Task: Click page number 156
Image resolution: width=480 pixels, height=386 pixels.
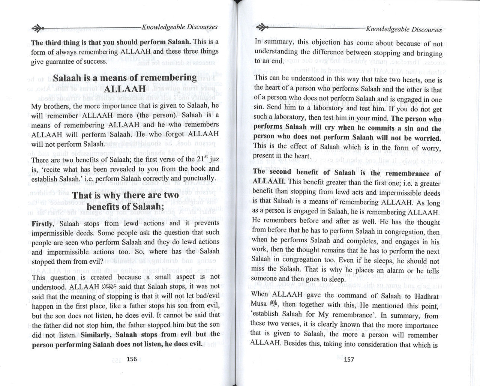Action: pyautogui.click(x=132, y=359)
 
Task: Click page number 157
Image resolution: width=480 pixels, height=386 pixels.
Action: pyautogui.click(x=349, y=359)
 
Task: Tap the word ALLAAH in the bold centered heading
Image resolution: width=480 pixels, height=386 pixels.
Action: pyautogui.click(x=125, y=89)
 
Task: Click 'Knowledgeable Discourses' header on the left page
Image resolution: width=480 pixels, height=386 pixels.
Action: pyautogui.click(x=179, y=27)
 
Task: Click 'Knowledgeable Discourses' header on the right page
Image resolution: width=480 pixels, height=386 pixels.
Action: pyautogui.click(x=404, y=29)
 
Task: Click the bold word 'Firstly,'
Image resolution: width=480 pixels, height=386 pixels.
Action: pyautogui.click(x=44, y=224)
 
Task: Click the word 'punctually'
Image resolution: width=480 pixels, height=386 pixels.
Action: pyautogui.click(x=198, y=178)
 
